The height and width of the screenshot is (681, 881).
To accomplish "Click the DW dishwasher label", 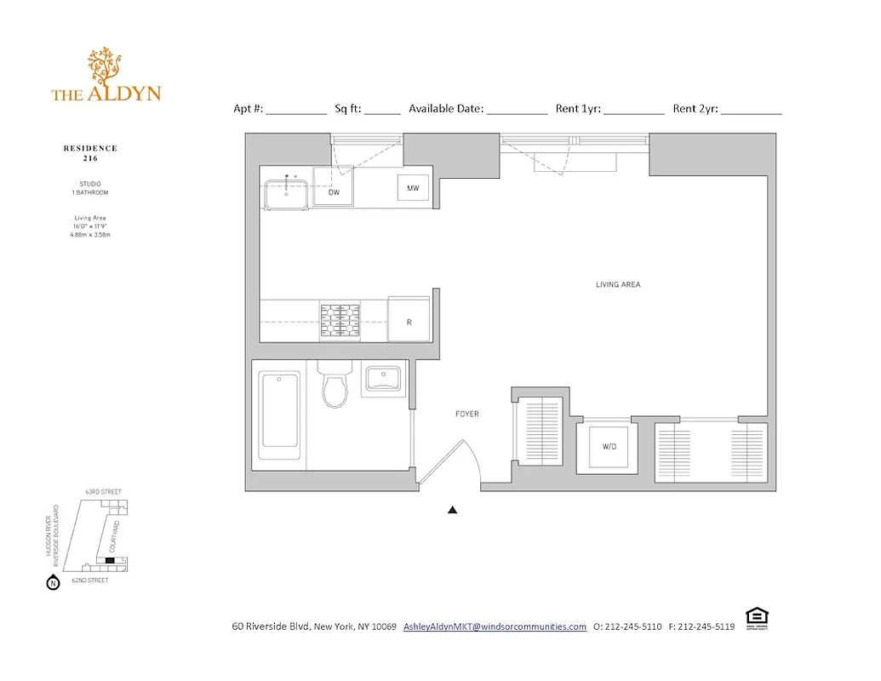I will point(334,192).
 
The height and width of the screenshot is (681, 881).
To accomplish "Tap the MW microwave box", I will point(413,188).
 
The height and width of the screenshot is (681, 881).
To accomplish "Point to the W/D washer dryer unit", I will point(609,446).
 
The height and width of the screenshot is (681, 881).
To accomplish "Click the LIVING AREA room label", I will point(618,284).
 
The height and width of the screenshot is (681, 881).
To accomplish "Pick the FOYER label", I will point(466,414).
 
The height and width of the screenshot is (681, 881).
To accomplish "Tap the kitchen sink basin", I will point(286,193).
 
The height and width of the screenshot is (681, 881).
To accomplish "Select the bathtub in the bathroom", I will point(279,409).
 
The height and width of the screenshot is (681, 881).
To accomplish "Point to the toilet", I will point(336,387).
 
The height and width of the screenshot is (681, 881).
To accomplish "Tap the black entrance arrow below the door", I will point(453,510).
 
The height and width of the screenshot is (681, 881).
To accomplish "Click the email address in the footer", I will point(495,627).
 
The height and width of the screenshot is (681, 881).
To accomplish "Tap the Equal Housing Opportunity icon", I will point(754,617).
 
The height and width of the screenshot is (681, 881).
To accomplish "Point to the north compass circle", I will point(54,583).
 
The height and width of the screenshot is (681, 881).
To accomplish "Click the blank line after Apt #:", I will point(296,110).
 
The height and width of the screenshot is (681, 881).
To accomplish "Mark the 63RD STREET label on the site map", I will point(103,491).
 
